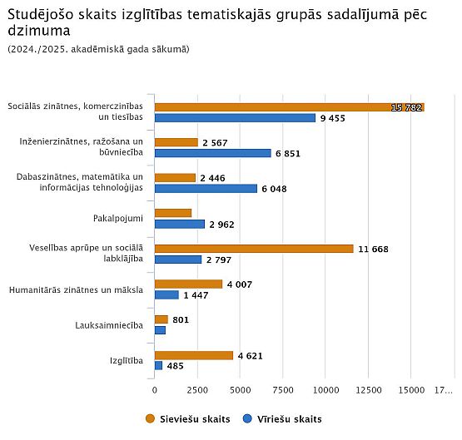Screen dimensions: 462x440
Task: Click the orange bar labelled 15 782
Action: (x=290, y=107)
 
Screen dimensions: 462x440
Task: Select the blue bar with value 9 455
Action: (x=235, y=118)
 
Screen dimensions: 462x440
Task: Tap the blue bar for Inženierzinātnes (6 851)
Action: (x=213, y=153)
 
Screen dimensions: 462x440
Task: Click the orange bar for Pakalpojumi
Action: (x=173, y=213)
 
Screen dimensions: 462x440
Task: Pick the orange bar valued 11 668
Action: (x=254, y=249)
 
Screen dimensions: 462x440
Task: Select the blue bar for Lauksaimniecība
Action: (x=160, y=330)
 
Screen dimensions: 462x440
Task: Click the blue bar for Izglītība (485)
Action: (x=158, y=365)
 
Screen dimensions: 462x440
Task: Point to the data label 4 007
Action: (x=240, y=284)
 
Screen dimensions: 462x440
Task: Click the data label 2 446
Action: (x=212, y=178)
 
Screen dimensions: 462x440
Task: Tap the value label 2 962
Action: (x=221, y=225)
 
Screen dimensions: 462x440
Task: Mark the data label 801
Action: (x=181, y=319)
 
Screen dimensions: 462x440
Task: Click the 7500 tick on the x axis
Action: (x=283, y=390)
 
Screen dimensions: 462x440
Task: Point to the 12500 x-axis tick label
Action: (x=368, y=390)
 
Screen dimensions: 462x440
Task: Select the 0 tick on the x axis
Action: (x=155, y=390)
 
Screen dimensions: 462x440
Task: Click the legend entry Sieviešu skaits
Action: (x=188, y=419)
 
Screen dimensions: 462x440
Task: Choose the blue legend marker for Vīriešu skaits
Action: (x=247, y=418)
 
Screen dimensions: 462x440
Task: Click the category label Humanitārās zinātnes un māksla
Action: (x=76, y=290)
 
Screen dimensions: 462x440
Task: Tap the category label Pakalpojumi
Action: (x=118, y=219)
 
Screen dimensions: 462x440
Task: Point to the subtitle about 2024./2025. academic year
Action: (x=98, y=49)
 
